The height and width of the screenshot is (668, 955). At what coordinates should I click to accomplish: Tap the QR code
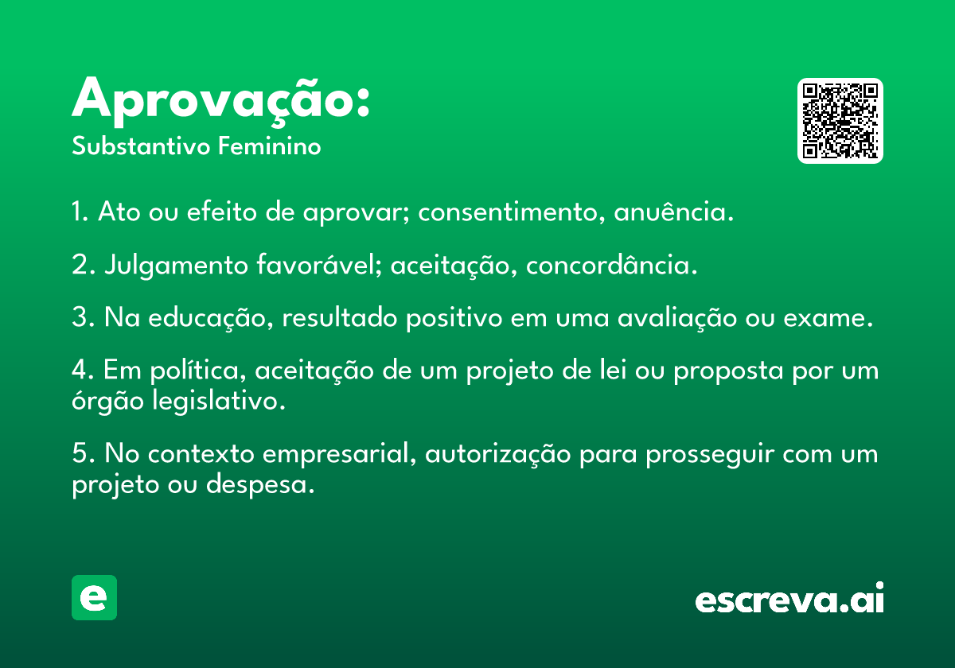[840, 121]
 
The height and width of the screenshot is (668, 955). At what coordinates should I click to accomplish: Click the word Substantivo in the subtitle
[141, 146]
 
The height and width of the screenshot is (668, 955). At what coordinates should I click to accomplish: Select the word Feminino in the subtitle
[270, 146]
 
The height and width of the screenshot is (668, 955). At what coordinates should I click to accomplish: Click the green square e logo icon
[94, 597]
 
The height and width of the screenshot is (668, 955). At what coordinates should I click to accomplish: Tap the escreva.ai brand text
[789, 598]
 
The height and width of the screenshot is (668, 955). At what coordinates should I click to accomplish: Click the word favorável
[319, 264]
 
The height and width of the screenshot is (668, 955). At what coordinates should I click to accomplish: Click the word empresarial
[339, 454]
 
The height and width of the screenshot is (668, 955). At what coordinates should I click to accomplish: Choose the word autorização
[498, 455]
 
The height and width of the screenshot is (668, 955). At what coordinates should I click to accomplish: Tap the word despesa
[260, 485]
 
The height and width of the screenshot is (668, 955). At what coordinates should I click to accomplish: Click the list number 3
[80, 317]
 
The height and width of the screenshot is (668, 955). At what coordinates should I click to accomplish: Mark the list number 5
[80, 453]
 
